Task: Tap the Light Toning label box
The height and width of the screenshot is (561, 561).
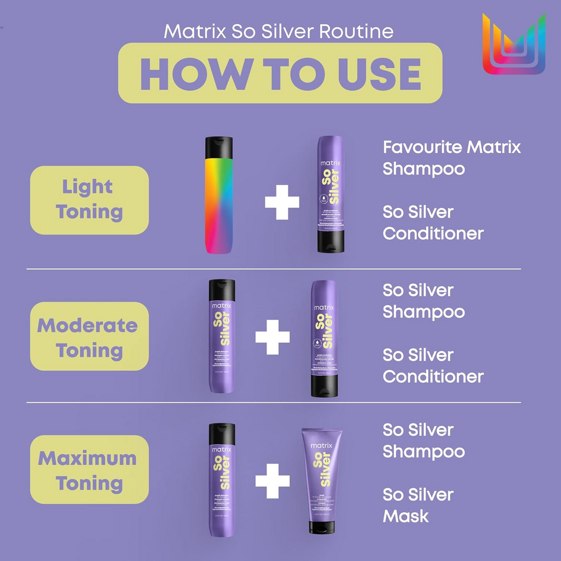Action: [x=89, y=200]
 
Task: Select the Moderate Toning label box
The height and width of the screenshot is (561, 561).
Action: [x=89, y=338]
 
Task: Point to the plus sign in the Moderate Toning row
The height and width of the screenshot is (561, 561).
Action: [x=273, y=337]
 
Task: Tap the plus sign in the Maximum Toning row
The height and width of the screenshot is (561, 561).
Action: [x=273, y=480]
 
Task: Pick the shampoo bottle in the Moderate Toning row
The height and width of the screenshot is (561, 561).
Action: [x=222, y=337]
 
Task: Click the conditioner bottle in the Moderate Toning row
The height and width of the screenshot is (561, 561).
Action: [x=323, y=339]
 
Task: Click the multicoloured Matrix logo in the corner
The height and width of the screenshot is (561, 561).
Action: [x=513, y=45]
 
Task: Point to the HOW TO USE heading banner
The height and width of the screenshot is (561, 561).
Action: [x=280, y=73]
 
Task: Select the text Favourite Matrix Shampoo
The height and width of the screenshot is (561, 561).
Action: [x=452, y=158]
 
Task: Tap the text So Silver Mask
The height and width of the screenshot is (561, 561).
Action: [x=418, y=505]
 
